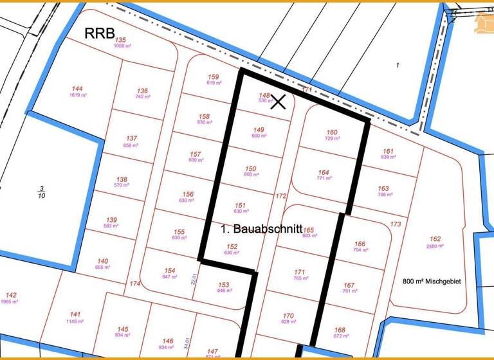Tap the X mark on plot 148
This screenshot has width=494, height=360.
click(x=278, y=101)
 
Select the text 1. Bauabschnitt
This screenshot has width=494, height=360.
click(x=261, y=228)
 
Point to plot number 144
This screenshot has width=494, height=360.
click(x=77, y=89)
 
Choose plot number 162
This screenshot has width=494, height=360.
click(x=435, y=239)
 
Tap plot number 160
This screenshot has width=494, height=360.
click(x=332, y=132)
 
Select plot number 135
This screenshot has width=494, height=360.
click(x=121, y=40)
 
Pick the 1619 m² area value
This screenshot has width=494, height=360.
click(x=78, y=95)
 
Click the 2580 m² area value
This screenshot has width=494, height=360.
click(x=435, y=246)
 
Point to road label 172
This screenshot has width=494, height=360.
click(x=280, y=196)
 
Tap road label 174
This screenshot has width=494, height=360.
click(x=134, y=283)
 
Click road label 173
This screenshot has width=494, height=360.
click(x=396, y=224)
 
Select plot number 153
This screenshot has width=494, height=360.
click(x=223, y=284)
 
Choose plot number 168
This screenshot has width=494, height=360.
click(x=340, y=330)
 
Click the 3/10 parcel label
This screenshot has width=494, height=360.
click(x=41, y=191)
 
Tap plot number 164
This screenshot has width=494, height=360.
click(x=324, y=172)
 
